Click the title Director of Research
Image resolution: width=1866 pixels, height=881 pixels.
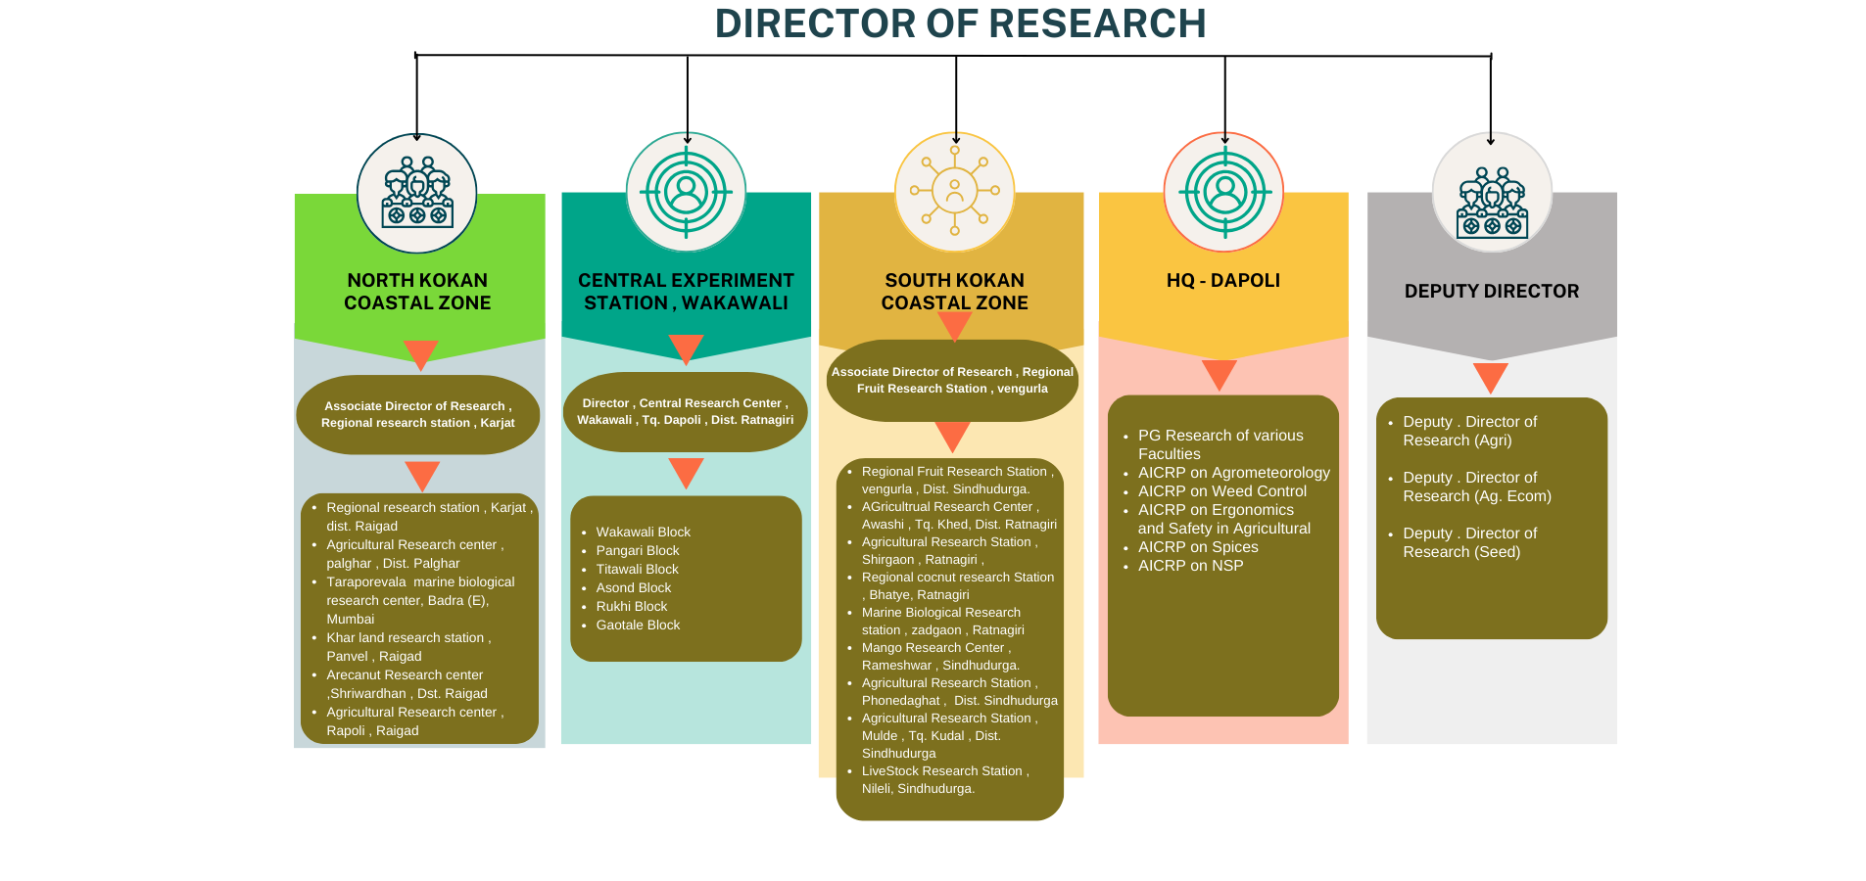(960, 24)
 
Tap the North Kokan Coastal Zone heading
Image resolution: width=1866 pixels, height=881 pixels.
(417, 292)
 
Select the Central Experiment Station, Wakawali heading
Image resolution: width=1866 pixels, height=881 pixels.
(686, 292)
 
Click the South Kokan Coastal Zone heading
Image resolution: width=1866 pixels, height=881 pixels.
(954, 292)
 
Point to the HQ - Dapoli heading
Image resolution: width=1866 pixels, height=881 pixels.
(1222, 281)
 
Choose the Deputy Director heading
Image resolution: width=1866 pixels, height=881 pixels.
(1491, 292)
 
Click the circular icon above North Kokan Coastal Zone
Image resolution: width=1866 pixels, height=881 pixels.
(417, 194)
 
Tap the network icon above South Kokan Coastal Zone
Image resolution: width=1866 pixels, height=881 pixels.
(954, 192)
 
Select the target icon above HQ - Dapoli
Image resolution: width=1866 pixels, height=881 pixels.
(1223, 192)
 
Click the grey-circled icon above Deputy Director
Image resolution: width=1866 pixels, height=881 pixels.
(1492, 193)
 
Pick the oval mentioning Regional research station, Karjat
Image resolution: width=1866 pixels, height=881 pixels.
(418, 414)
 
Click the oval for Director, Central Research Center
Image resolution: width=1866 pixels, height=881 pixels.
(685, 411)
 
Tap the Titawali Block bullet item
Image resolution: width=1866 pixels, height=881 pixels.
(637, 570)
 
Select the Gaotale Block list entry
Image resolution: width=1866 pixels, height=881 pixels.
(638, 626)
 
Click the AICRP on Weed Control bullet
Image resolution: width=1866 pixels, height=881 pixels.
(1221, 491)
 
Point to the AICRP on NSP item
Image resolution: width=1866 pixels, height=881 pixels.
(1190, 566)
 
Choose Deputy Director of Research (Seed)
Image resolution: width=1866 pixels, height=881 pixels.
(1468, 542)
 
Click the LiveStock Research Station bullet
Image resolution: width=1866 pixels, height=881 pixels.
(943, 780)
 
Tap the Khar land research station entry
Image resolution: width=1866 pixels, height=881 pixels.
(407, 647)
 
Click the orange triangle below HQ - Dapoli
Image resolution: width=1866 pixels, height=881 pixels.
(1219, 373)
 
